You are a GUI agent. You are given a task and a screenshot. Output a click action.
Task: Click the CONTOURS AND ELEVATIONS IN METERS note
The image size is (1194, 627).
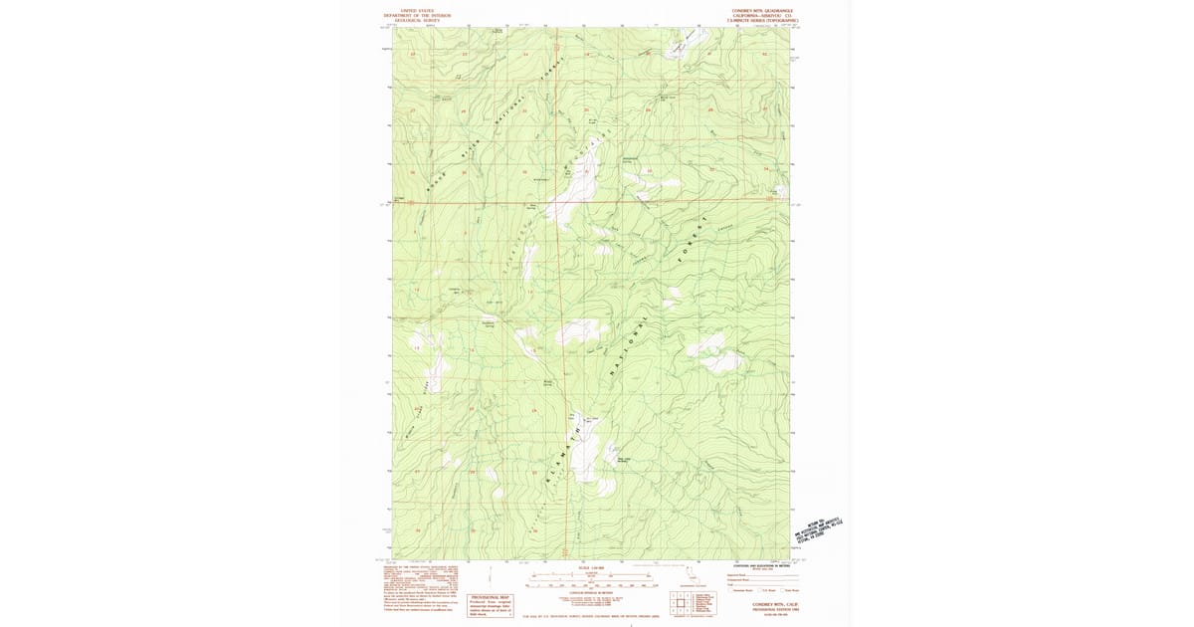point(761,564)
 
